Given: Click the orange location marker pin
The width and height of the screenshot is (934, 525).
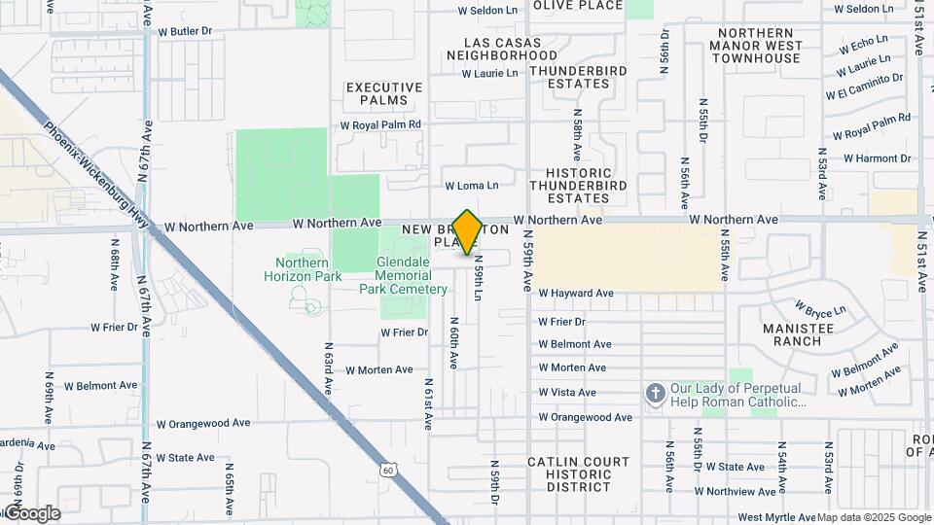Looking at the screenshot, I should (x=467, y=231).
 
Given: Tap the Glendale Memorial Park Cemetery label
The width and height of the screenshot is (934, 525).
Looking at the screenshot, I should (x=404, y=275).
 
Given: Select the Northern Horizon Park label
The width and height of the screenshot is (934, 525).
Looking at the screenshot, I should (x=308, y=269).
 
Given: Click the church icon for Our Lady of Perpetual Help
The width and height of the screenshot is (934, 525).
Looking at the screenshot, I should (x=656, y=393).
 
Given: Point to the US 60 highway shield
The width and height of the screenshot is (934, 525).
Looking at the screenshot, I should (x=388, y=471).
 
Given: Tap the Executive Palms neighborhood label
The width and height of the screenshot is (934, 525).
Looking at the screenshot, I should (x=384, y=93).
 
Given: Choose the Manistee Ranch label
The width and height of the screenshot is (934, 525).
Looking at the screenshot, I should (x=799, y=334).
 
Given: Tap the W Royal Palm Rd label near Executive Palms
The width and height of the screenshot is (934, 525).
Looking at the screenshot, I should (x=379, y=125).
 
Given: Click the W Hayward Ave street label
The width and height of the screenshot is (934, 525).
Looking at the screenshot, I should (x=576, y=293).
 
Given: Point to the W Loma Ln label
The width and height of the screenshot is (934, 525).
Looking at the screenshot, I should (x=472, y=186).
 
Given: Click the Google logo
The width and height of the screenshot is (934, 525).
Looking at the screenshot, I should (x=31, y=512).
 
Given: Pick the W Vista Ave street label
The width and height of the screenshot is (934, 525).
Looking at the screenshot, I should (x=567, y=393).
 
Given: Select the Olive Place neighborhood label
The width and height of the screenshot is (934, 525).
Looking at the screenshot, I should (x=578, y=6).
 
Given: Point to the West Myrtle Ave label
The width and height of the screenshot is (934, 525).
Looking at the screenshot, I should (x=776, y=517).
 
